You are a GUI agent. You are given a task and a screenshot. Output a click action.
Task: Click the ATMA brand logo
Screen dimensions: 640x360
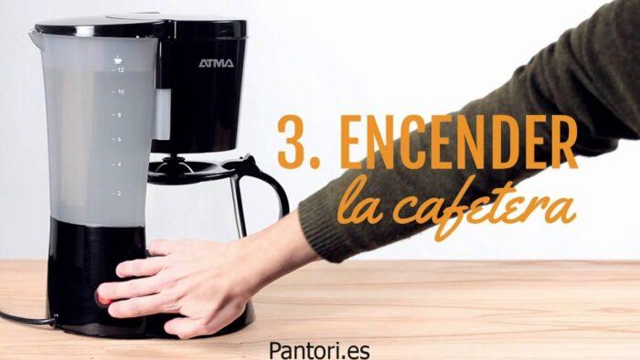click(x=217, y=63)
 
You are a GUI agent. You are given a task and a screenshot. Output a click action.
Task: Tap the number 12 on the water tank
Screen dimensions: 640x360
click(x=121, y=70)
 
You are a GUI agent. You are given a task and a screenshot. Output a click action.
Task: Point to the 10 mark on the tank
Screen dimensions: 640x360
click(x=122, y=92)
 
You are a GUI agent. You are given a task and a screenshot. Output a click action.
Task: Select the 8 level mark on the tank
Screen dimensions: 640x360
click(x=119, y=115)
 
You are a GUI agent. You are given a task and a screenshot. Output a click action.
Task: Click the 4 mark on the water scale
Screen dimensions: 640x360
click(x=119, y=164)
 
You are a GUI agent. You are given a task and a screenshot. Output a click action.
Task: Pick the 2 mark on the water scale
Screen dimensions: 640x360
click(x=119, y=194)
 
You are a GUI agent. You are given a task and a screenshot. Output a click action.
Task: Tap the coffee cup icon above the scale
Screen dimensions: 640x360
click(x=118, y=60)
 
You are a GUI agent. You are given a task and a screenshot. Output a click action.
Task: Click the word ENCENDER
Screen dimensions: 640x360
click(x=458, y=142)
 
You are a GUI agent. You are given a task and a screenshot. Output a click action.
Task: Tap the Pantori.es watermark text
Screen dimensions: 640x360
click(x=319, y=350)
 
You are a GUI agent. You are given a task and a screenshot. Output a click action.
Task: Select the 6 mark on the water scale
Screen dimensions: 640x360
click(x=119, y=140)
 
